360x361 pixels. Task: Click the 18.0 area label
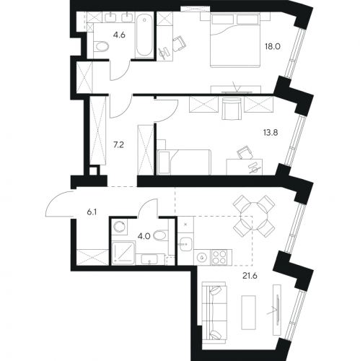(x=273, y=46)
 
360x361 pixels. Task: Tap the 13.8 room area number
(x=271, y=132)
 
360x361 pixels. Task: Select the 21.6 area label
(x=250, y=276)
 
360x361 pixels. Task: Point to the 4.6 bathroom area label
(x=119, y=35)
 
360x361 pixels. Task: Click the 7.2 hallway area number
(x=118, y=145)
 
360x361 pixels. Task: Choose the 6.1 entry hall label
(x=92, y=212)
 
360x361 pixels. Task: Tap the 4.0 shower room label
(x=144, y=236)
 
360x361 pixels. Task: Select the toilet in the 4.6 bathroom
(x=101, y=46)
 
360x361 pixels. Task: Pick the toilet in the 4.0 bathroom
(x=160, y=235)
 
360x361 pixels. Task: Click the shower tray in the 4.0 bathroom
(x=123, y=252)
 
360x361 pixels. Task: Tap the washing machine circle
(x=120, y=227)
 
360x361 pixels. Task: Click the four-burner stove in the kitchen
(x=219, y=257)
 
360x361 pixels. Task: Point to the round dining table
(x=254, y=215)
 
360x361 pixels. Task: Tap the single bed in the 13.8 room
(x=184, y=162)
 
